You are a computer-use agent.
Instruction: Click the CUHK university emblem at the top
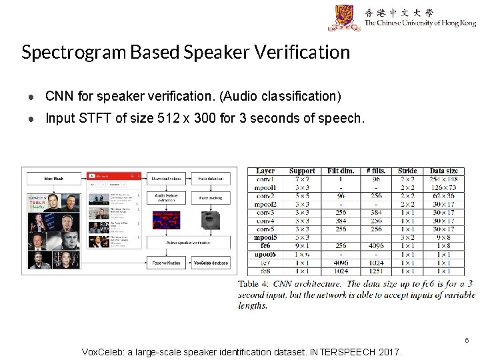pos(344,17)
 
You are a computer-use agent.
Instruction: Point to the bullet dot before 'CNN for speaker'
pos(31,97)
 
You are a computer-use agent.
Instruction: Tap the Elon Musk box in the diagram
pos(53,179)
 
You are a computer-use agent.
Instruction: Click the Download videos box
pos(167,179)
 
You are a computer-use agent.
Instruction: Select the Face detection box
pos(211,179)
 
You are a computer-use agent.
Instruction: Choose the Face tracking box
pos(211,198)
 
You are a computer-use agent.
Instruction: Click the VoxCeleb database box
pos(211,263)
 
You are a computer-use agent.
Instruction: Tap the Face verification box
pos(167,263)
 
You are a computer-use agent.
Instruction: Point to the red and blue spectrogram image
pos(166,220)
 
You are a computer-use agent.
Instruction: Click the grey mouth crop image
pos(211,221)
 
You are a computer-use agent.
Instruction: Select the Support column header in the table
pos(302,171)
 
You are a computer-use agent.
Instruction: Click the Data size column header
pos(443,171)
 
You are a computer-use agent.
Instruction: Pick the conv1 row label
pos(265,179)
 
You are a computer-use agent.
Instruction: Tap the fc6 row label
pos(265,246)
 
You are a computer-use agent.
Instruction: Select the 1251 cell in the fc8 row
pos(377,271)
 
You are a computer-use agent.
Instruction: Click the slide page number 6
pos(467,340)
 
